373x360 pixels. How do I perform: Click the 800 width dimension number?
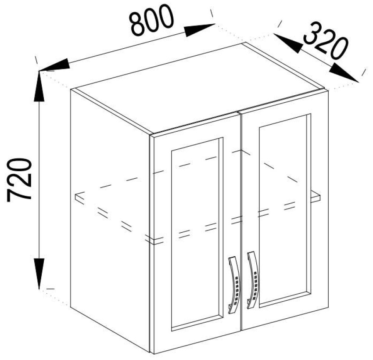[x=151, y=20]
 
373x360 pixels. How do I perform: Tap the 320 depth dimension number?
[x=326, y=41]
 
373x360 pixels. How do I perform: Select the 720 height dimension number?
[x=19, y=180]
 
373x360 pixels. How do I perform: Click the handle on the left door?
[x=234, y=285]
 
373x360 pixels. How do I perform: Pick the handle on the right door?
[x=253, y=280]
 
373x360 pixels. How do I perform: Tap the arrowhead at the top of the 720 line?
[x=39, y=86]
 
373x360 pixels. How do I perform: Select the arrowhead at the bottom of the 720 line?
[x=39, y=274]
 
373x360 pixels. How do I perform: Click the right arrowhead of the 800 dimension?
[x=199, y=30]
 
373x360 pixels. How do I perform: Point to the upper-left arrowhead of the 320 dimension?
[x=287, y=43]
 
